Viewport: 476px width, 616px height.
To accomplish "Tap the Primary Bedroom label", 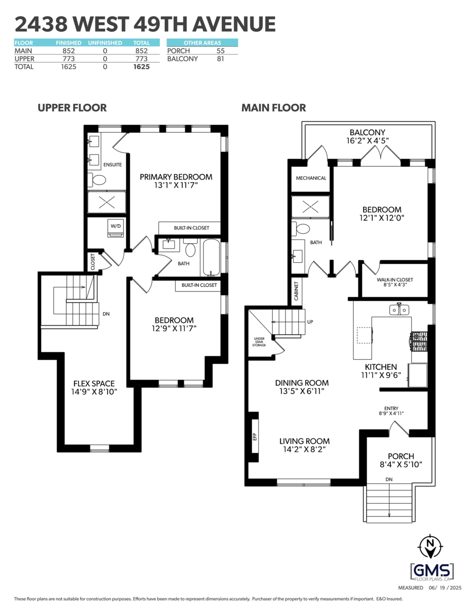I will pos(176,177).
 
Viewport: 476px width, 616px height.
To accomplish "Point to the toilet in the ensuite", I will pos(97,179).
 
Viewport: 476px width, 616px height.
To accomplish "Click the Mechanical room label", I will pos(311,178).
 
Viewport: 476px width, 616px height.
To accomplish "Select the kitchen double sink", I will pos(398,310).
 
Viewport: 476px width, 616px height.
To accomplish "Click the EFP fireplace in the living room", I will pos(254,436).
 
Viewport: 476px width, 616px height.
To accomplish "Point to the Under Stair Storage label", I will pos(259,342).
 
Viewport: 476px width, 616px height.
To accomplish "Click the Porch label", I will pos(401,456).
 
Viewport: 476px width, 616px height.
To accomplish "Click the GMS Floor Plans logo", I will pos(432,571).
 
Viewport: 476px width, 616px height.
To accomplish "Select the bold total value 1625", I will pos(142,67).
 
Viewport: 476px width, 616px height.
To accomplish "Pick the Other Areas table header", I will pos(202,43).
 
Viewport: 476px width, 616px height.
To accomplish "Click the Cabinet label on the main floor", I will pos(297,291).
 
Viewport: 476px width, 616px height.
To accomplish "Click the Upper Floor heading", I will pos(72,108).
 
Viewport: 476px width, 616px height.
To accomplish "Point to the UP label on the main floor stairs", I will pos(310,322).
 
